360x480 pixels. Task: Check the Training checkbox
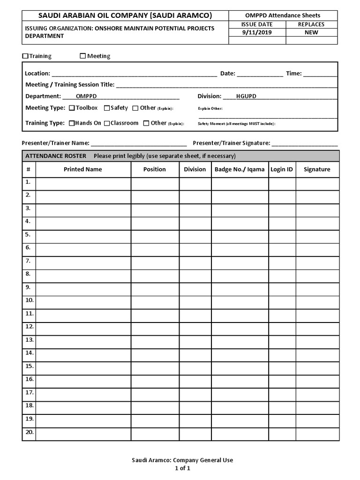[25, 56]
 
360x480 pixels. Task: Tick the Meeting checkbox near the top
[83, 56]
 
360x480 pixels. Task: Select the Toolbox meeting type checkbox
[72, 108]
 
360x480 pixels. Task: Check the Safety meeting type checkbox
[107, 108]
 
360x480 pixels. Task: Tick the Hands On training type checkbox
[72, 123]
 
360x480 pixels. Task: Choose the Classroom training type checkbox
[107, 123]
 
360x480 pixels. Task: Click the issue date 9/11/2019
[256, 32]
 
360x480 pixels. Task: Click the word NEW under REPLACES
[311, 32]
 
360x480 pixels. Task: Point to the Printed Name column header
[82, 169]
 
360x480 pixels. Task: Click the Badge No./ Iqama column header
[240, 169]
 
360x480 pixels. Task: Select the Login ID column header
[282, 169]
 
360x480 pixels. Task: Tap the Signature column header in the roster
[317, 169]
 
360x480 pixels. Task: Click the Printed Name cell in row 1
[83, 184]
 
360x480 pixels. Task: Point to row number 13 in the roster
[29, 340]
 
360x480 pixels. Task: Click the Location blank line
[134, 74]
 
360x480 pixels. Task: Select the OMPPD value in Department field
[86, 96]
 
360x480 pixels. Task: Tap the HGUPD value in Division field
[246, 96]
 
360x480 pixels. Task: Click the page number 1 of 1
[182, 468]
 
